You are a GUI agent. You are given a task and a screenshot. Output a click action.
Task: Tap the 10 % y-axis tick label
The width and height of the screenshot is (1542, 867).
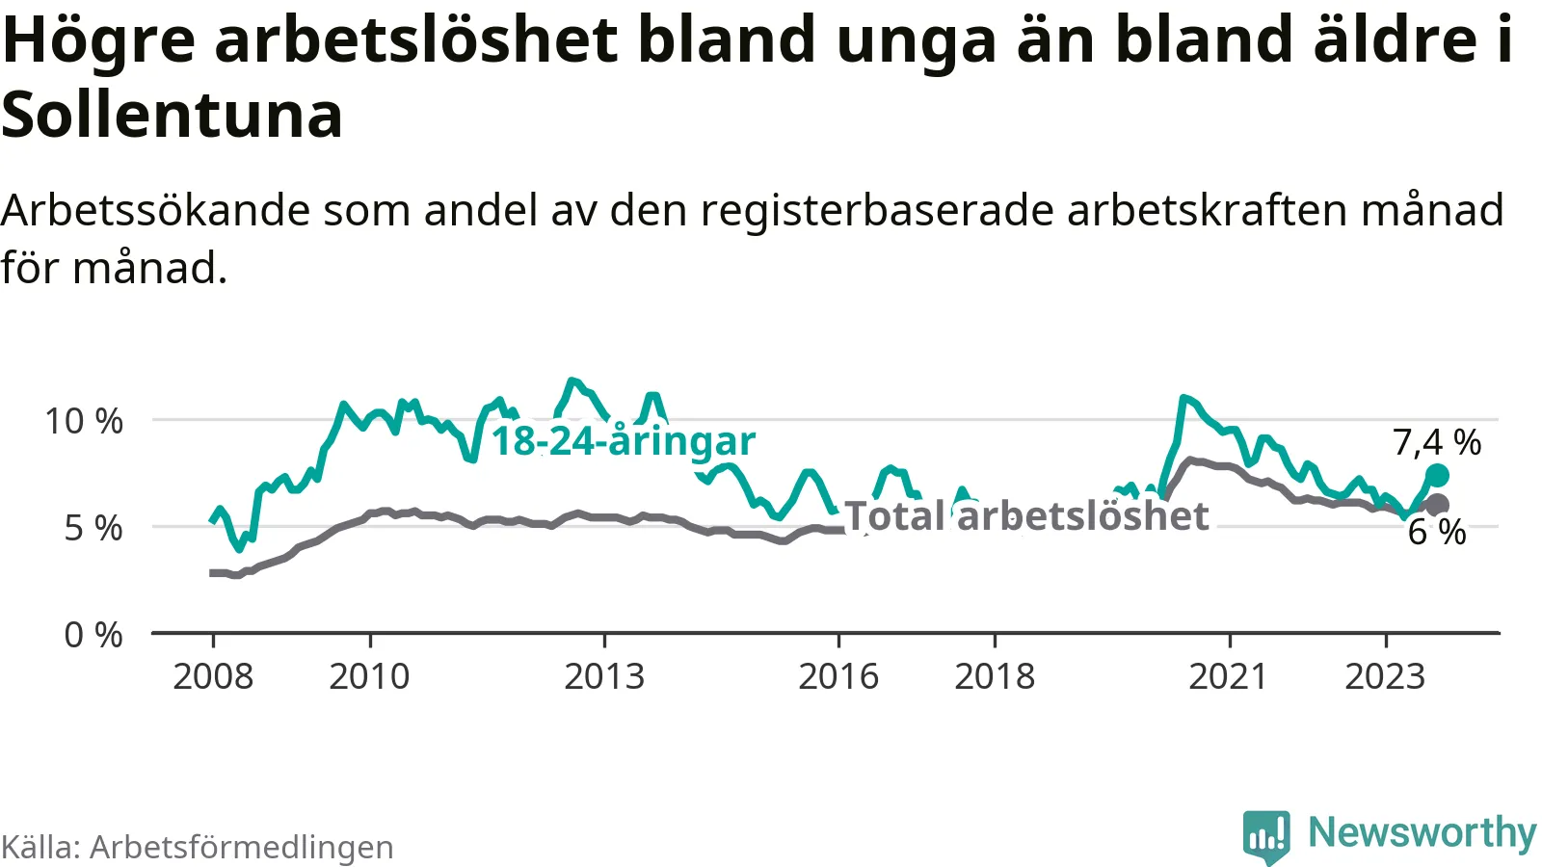84,421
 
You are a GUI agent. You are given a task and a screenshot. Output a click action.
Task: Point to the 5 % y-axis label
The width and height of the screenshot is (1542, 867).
93,528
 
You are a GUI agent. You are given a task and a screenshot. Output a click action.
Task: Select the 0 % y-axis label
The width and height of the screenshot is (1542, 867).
93,635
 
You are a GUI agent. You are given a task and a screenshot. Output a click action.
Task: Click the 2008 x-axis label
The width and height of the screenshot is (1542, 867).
213,677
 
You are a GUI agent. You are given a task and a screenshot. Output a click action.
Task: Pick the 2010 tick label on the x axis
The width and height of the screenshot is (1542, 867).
369,677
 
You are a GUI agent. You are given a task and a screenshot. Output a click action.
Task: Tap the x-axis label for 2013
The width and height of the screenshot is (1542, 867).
604,677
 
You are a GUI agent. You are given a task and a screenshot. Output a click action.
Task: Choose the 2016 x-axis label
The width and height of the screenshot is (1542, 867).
838,677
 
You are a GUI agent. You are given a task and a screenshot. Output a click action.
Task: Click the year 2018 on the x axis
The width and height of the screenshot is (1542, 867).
995,677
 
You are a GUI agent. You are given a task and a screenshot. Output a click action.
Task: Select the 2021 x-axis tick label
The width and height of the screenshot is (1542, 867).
1229,677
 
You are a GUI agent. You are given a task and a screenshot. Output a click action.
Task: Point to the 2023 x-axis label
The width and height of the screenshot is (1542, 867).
1385,677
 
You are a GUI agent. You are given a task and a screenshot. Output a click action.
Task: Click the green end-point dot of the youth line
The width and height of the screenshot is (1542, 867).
1437,475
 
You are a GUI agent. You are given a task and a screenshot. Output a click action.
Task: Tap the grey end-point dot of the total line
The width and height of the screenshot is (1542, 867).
1437,504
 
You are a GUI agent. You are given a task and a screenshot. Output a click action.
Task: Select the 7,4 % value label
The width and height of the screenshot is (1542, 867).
1437,442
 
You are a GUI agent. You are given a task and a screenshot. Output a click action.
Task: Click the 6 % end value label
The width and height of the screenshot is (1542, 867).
1437,532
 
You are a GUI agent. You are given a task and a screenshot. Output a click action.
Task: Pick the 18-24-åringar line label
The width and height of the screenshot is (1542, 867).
624,441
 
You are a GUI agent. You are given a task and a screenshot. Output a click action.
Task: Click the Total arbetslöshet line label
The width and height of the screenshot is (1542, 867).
1026,516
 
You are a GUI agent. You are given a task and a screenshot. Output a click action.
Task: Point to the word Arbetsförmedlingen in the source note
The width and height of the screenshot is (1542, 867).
242,848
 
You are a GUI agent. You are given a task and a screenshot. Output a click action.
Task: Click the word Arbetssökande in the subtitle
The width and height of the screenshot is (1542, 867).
155,210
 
